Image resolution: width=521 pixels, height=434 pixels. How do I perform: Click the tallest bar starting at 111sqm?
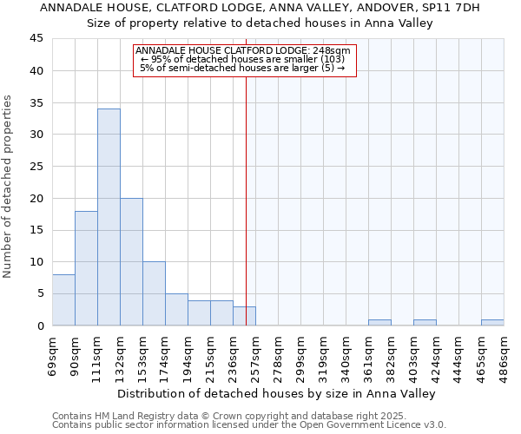click(x=109, y=217)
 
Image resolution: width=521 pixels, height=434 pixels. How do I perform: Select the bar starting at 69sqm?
click(x=63, y=300)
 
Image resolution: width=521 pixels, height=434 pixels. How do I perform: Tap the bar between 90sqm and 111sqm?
click(x=86, y=268)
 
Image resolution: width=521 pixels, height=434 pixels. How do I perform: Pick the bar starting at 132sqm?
click(x=131, y=261)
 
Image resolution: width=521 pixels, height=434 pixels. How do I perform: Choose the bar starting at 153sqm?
click(x=154, y=293)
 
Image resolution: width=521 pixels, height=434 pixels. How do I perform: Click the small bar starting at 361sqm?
click(x=379, y=322)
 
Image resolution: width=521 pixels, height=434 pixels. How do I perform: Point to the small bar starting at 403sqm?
click(x=425, y=322)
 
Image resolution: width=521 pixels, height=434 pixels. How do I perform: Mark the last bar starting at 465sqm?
click(x=492, y=322)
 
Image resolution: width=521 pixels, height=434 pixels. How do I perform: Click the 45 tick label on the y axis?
click(x=36, y=39)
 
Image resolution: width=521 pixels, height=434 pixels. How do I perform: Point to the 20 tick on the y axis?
click(x=36, y=198)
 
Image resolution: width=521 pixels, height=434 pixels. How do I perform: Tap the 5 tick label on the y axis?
click(x=39, y=293)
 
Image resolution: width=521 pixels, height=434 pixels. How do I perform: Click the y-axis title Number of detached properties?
click(x=9, y=187)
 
